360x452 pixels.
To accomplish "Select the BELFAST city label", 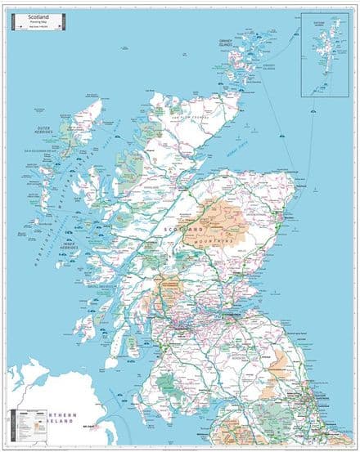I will pos(89,426).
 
